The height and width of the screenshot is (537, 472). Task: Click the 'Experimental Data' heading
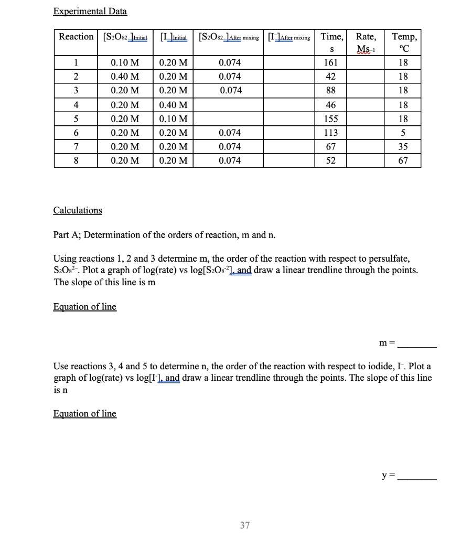(x=90, y=11)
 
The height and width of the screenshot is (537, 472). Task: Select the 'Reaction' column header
(x=76, y=37)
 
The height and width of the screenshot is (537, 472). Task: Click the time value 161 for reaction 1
(x=332, y=62)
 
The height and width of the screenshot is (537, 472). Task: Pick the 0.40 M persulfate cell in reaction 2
(x=125, y=76)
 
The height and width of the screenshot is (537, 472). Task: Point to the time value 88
(x=332, y=90)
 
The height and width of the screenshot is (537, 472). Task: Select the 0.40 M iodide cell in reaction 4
(x=173, y=104)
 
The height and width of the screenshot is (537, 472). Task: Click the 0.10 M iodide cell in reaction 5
(x=173, y=118)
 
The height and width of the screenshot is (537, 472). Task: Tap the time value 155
(x=332, y=118)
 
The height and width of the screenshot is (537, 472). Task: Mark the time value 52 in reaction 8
(x=332, y=160)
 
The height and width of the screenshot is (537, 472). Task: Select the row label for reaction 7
(x=76, y=146)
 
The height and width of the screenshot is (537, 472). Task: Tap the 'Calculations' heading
(x=78, y=210)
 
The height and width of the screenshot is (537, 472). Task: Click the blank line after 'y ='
(x=417, y=478)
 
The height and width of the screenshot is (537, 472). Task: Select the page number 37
(x=245, y=525)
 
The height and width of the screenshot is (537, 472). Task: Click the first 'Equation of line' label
(x=85, y=307)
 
